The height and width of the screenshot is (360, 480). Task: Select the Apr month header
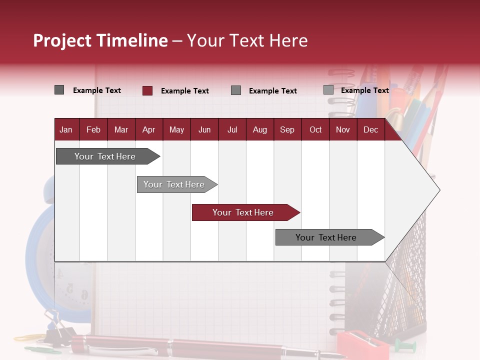[149, 129]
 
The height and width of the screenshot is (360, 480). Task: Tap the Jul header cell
[232, 129]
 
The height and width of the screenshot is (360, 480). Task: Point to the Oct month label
[315, 130]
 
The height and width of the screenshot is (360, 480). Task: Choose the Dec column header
[371, 129]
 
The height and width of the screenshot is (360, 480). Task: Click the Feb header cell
[93, 129]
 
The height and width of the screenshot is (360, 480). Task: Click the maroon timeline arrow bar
[246, 212]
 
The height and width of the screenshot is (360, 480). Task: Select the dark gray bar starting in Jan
[108, 156]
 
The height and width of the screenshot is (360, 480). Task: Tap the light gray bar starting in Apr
[177, 184]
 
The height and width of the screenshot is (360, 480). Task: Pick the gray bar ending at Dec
[330, 237]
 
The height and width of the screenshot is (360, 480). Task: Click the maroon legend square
[147, 90]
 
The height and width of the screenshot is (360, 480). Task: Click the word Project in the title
[62, 41]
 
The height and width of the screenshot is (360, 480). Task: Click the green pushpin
[404, 345]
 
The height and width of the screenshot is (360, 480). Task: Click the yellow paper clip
[29, 337]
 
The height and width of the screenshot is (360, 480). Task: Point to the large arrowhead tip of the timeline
[440, 190]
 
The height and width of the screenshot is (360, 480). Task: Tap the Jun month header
[204, 129]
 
